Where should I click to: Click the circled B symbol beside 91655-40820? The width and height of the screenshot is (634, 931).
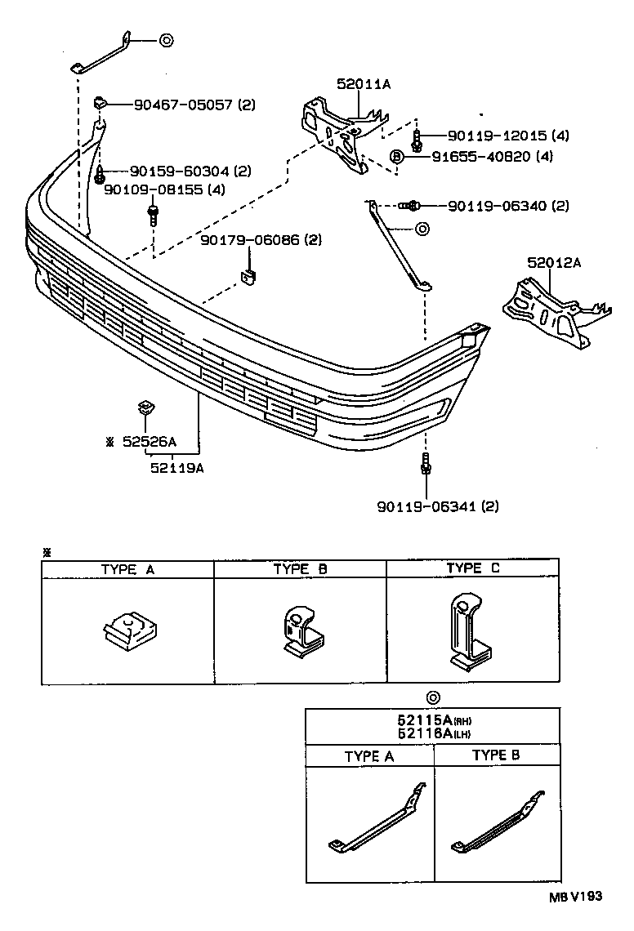pos(396,156)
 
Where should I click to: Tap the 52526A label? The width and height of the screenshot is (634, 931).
pos(149,442)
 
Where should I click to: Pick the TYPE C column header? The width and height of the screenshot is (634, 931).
pos(472,568)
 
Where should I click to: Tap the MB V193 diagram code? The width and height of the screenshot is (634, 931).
pos(574,896)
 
